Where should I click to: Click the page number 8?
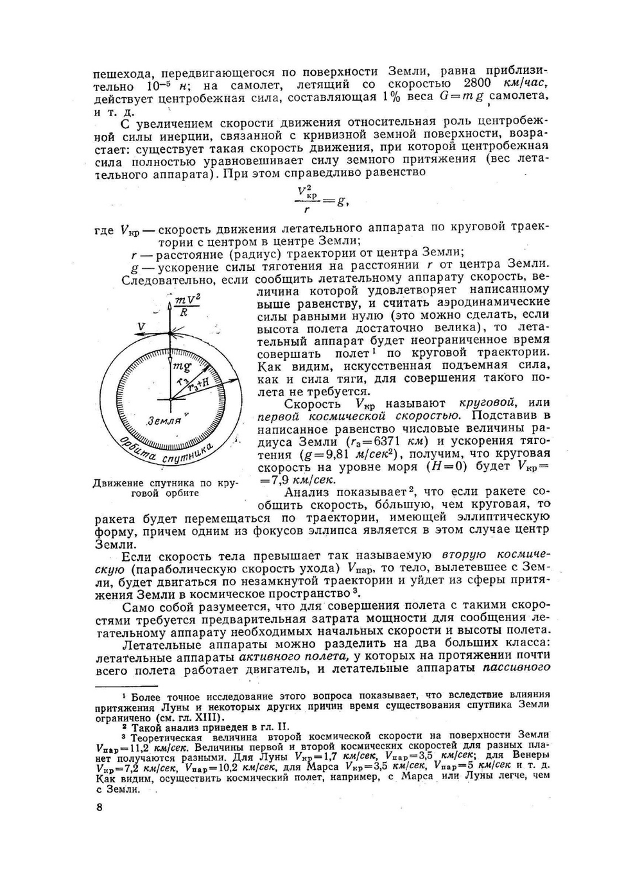coord(98,807)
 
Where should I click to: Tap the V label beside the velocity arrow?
coord(141,327)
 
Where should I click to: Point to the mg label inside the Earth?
coord(182,366)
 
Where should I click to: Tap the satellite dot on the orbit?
coord(171,332)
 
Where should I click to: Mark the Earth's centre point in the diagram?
coord(171,399)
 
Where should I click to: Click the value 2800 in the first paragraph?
coord(476,83)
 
